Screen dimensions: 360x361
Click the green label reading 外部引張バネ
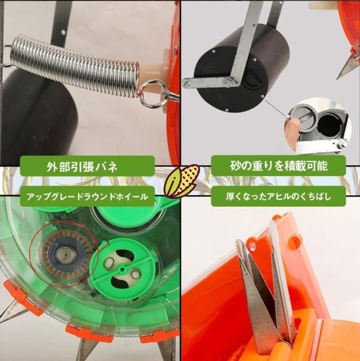[87, 166]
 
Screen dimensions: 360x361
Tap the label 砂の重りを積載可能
[278, 166]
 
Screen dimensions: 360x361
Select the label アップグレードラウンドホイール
[87, 196]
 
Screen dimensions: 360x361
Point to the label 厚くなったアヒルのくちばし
[278, 196]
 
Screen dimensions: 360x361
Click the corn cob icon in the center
[182, 181]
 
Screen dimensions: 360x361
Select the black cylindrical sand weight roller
[242, 69]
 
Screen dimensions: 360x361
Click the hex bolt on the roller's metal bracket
[227, 82]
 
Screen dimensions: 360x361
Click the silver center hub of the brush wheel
[65, 255]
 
